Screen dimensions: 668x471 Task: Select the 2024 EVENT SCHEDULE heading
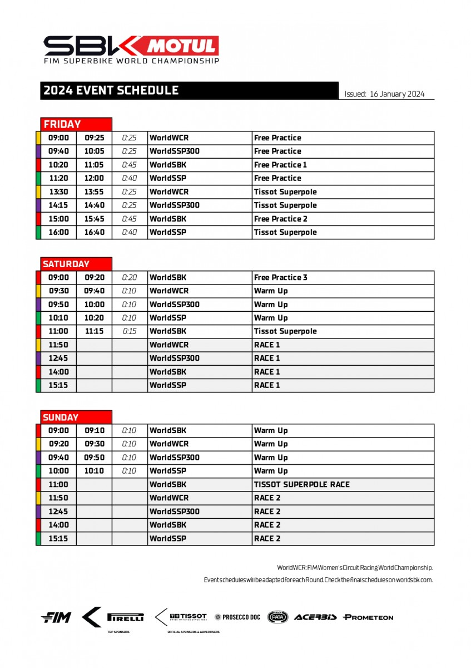pyautogui.click(x=111, y=91)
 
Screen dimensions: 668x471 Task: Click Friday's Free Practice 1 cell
pyautogui.click(x=280, y=165)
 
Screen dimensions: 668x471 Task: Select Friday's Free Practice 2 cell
pyautogui.click(x=280, y=219)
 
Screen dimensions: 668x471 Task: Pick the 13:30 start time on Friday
pyautogui.click(x=58, y=191)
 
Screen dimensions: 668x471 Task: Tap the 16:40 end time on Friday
pyautogui.click(x=94, y=232)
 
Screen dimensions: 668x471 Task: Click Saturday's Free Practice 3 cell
pyautogui.click(x=280, y=277)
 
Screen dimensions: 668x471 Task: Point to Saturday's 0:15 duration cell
pyautogui.click(x=129, y=331)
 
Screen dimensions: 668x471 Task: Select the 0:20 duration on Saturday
pyautogui.click(x=129, y=277)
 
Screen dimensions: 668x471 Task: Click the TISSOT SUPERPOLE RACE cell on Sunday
pyautogui.click(x=301, y=484)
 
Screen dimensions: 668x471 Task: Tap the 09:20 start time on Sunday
pyautogui.click(x=58, y=444)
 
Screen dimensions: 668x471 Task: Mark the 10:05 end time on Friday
pyautogui.click(x=94, y=151)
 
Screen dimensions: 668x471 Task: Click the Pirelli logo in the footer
pyautogui.click(x=125, y=617)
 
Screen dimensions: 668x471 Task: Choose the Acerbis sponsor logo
pyautogui.click(x=315, y=617)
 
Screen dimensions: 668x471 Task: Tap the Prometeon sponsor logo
pyautogui.click(x=368, y=617)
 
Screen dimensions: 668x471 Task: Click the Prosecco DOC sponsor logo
pyautogui.click(x=237, y=617)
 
